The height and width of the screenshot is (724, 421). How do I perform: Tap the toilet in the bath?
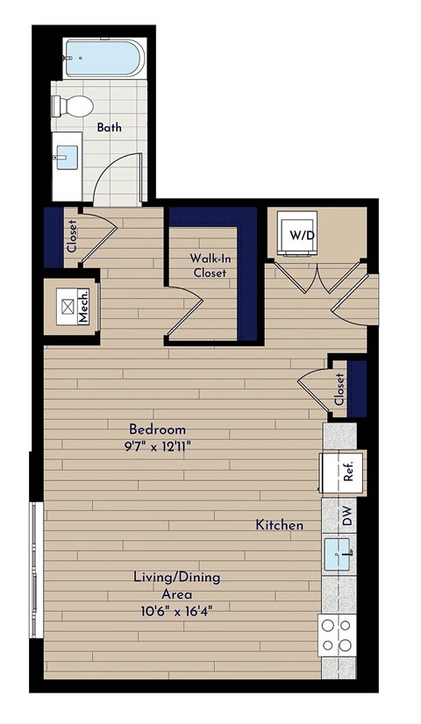click(x=74, y=107)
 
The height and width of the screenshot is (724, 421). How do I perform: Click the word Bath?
click(x=110, y=127)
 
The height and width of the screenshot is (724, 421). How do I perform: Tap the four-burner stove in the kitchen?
click(x=338, y=635)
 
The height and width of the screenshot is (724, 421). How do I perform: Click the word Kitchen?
click(x=280, y=525)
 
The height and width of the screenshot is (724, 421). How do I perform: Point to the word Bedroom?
click(x=158, y=429)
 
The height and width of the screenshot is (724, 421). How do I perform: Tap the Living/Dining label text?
click(x=176, y=578)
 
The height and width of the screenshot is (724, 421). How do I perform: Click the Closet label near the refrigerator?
click(x=339, y=389)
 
